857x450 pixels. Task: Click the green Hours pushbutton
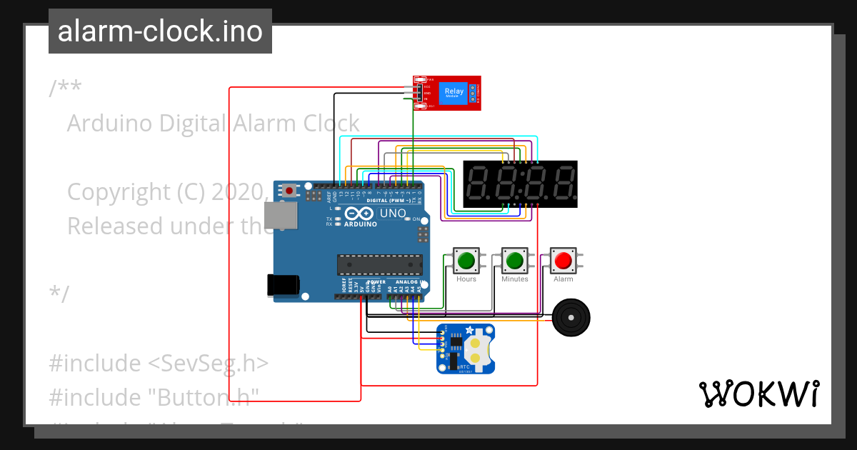coord(466,261)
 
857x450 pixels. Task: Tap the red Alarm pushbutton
coord(563,261)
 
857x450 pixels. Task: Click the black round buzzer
coord(571,317)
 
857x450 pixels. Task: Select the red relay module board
coord(447,93)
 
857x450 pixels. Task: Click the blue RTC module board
coord(466,349)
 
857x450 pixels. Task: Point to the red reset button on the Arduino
coord(289,190)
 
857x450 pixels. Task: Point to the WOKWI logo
coord(758,394)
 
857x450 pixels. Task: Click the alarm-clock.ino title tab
coord(160,31)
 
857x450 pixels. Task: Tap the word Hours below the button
coord(466,279)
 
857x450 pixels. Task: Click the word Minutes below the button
coord(515,279)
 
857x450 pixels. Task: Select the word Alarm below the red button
coord(563,279)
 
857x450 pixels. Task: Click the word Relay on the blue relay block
coord(453,91)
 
